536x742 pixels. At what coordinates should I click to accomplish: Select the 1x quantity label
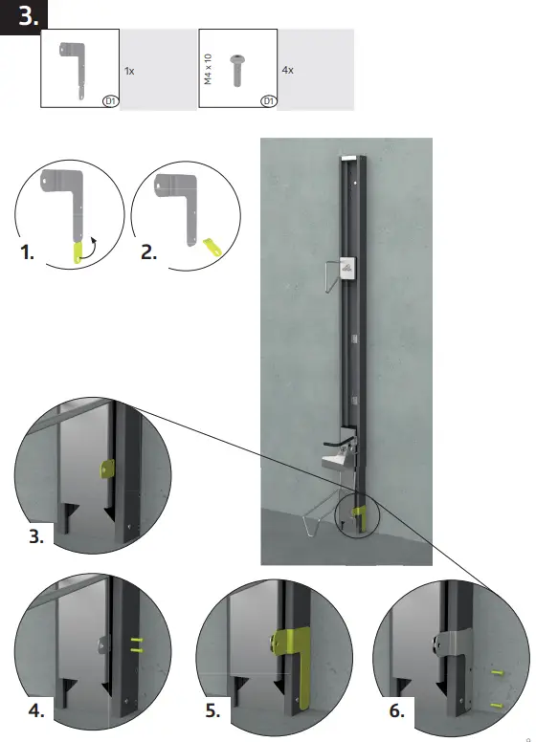[129, 71]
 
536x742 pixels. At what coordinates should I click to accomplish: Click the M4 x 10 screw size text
[209, 70]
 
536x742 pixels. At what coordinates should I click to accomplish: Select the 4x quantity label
[288, 71]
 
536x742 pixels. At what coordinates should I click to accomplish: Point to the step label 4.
[35, 710]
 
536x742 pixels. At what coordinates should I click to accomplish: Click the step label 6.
[395, 710]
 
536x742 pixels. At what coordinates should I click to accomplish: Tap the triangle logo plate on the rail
[346, 270]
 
